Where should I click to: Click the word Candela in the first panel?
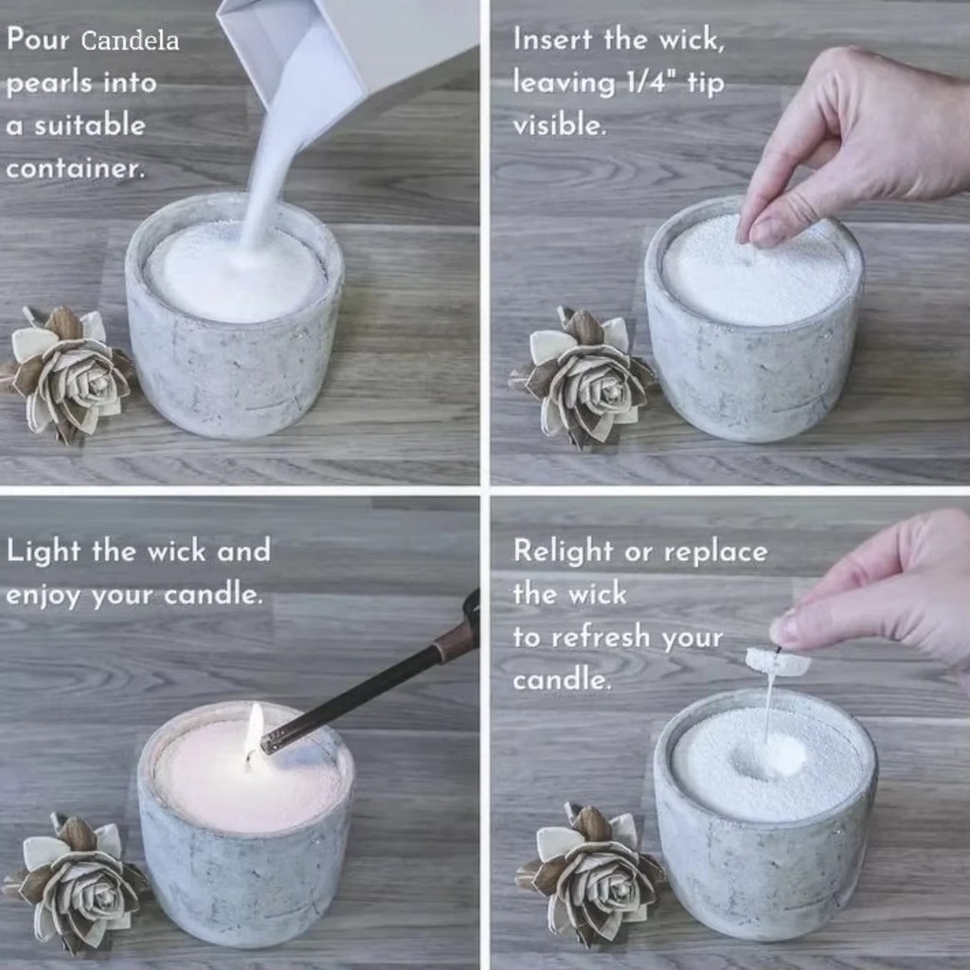(x=130, y=41)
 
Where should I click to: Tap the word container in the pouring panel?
(x=76, y=168)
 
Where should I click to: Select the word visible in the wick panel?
(x=559, y=125)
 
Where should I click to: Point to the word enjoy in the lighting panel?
(x=44, y=596)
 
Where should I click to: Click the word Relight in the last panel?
(x=563, y=550)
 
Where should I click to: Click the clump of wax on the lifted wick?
(x=778, y=661)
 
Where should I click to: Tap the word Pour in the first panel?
(x=38, y=40)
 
